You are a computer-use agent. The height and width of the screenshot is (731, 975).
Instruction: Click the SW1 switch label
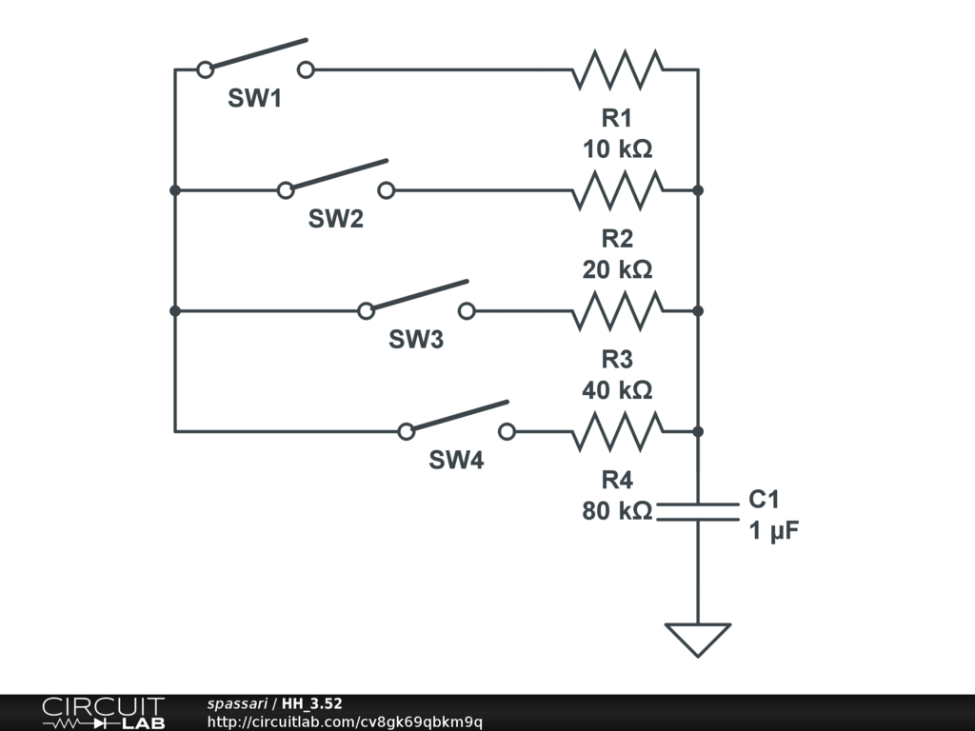pos(254,98)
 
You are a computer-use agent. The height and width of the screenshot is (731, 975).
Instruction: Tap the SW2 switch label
pos(335,219)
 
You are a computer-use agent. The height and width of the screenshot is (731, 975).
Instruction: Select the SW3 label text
pos(416,340)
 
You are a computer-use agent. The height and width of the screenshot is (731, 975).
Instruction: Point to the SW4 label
pos(456,461)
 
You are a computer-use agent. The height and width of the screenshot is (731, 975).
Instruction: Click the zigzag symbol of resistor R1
pos(617,69)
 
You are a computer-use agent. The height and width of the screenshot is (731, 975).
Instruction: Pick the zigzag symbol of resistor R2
pos(617,190)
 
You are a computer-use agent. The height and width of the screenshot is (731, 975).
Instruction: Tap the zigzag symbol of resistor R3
pos(617,311)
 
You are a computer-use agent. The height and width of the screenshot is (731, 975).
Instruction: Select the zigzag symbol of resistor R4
pos(617,431)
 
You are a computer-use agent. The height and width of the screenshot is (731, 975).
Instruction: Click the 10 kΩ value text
pos(617,149)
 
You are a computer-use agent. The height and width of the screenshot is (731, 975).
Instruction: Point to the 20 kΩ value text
pos(617,269)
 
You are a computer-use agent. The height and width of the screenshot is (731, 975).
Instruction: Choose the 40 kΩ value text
pos(617,390)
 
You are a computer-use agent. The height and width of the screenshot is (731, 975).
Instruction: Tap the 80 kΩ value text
pos(617,511)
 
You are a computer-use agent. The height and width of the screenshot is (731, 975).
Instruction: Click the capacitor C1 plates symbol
pos(698,511)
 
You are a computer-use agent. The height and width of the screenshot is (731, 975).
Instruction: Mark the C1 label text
pos(764,500)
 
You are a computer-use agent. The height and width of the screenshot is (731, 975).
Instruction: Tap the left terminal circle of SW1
pos(205,69)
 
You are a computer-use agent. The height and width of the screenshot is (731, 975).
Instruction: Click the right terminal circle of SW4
pos(507,431)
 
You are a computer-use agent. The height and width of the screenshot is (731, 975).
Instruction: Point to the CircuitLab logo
pos(103,713)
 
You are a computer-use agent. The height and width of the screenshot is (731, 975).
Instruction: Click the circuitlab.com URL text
pos(344,721)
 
